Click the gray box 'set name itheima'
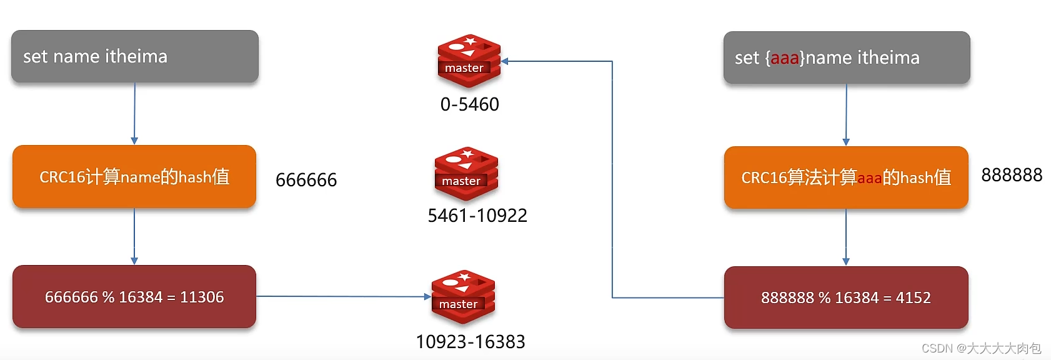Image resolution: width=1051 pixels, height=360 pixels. click(x=134, y=56)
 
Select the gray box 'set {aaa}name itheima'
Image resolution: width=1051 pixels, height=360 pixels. click(x=846, y=57)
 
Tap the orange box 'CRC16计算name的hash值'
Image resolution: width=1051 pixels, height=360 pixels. click(x=134, y=177)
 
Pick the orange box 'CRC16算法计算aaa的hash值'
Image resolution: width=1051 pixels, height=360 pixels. click(x=846, y=177)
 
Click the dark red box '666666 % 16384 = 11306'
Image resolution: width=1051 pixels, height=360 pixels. click(x=134, y=297)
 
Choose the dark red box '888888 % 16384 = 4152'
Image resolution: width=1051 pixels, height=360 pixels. click(x=846, y=297)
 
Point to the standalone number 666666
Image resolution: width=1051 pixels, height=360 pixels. click(x=306, y=180)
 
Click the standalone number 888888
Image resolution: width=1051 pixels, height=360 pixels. click(x=1012, y=175)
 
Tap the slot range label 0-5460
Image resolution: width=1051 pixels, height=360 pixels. click(x=469, y=104)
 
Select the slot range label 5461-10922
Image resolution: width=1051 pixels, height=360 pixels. click(x=477, y=216)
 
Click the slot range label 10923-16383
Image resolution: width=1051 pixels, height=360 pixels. click(x=471, y=342)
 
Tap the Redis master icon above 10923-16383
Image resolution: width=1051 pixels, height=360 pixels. click(x=463, y=296)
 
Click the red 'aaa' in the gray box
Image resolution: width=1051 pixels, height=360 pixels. click(x=785, y=58)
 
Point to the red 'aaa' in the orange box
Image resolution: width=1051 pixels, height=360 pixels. click(x=869, y=178)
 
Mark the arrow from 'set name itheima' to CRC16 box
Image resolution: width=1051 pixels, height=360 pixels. click(x=134, y=113)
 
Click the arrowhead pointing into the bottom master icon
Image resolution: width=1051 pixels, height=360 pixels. click(x=427, y=297)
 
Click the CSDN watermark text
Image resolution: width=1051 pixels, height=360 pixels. click(x=981, y=348)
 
